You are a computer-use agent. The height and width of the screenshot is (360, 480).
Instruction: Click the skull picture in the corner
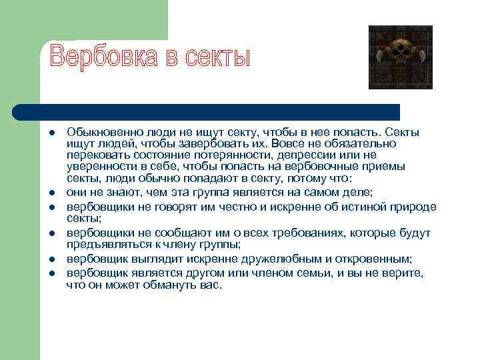click(x=400, y=57)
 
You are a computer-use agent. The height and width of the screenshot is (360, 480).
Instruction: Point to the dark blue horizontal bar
click(x=207, y=111)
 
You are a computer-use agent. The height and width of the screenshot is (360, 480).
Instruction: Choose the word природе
click(x=407, y=206)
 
